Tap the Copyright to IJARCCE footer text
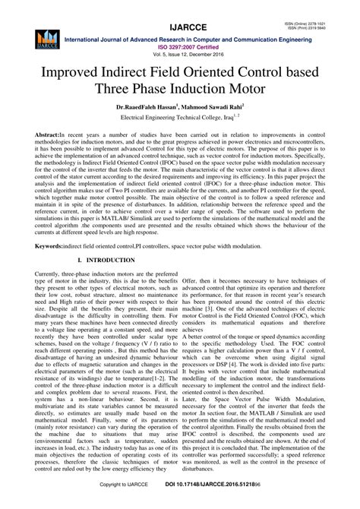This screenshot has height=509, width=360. [x=127, y=504]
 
